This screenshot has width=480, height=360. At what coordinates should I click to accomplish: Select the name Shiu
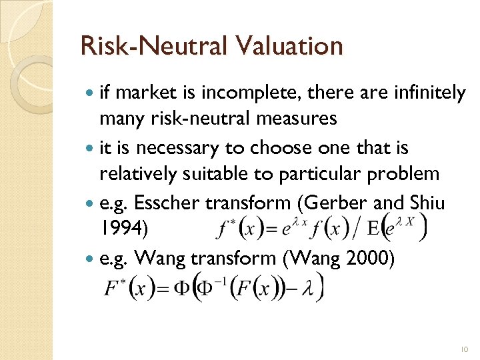tap(433, 202)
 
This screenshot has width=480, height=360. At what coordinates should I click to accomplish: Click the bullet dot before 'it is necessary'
tap(91, 148)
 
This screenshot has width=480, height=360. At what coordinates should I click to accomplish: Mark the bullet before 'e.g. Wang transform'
tap(91, 257)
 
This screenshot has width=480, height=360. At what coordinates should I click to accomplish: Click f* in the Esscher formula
tap(228, 229)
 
